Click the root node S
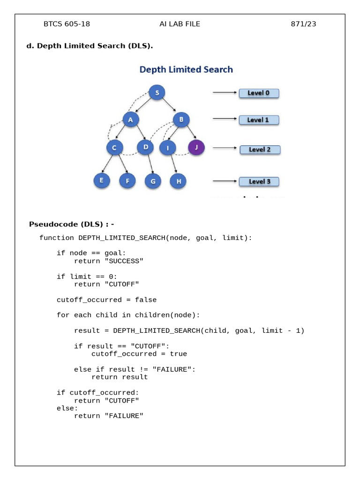[x=157, y=92]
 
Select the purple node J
[x=196, y=148]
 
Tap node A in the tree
[x=131, y=120]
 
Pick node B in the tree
[x=181, y=120]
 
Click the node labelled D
[x=145, y=147]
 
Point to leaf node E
[x=102, y=180]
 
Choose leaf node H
[x=178, y=181]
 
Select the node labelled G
[x=153, y=181]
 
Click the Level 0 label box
[x=259, y=93]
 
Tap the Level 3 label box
[x=259, y=181]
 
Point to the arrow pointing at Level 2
[x=225, y=148]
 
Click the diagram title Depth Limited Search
[x=186, y=69]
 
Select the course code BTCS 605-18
[x=67, y=24]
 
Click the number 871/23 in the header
[x=303, y=24]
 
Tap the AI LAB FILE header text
[x=180, y=24]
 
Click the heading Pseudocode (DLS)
[x=66, y=224]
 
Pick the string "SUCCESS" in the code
[x=124, y=261]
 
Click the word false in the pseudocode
[x=146, y=300]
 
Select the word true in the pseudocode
[x=179, y=354]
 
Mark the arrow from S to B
[x=169, y=105]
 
